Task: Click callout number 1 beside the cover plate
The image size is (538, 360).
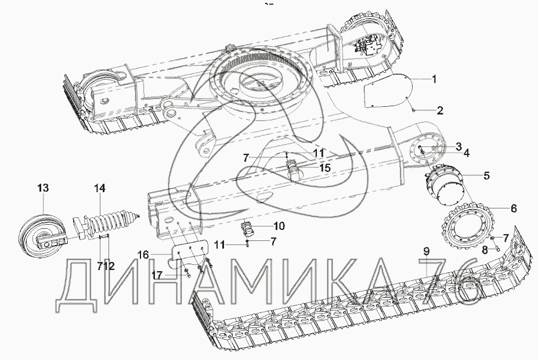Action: tap(434, 80)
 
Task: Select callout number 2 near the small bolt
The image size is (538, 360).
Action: tap(439, 110)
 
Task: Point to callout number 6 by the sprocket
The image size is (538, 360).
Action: tap(514, 208)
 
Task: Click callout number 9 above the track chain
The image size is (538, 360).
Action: tap(426, 251)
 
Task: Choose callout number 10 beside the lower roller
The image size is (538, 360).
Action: tap(279, 226)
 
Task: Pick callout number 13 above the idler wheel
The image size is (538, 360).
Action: tap(43, 188)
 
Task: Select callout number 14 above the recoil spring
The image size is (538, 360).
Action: tap(100, 188)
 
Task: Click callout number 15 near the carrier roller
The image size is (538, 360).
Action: tap(325, 168)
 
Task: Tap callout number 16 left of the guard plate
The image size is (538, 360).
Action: tap(143, 255)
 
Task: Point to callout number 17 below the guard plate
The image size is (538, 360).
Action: tap(157, 276)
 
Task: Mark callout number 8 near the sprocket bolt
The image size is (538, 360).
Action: tap(485, 250)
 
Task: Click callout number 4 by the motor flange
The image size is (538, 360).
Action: tap(466, 153)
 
